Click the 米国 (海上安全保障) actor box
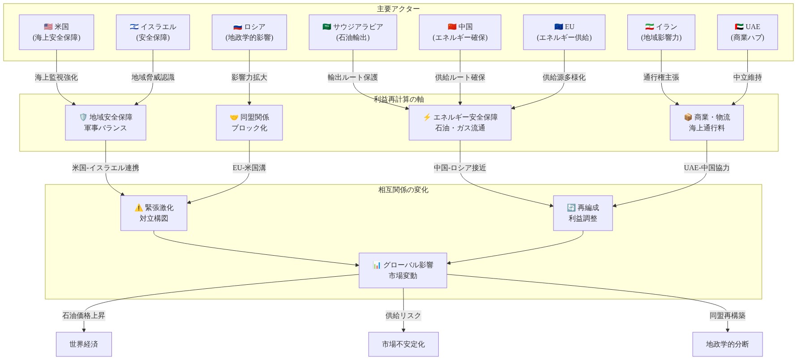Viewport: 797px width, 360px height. pyautogui.click(x=56, y=32)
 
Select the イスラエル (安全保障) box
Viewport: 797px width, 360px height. pyautogui.click(x=153, y=32)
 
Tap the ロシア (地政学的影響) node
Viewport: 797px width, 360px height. pyautogui.click(x=249, y=32)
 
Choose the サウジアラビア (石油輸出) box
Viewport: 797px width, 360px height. pyautogui.click(x=353, y=32)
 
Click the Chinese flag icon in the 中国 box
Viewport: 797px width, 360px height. pyautogui.click(x=452, y=27)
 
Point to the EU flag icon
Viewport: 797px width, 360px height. pyautogui.click(x=558, y=27)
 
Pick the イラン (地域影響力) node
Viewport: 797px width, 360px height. pyautogui.click(x=661, y=32)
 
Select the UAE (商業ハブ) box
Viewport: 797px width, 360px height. pyautogui.click(x=747, y=32)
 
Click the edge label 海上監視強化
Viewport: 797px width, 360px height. pyautogui.click(x=56, y=77)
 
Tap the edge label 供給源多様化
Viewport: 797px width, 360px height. pyautogui.click(x=564, y=77)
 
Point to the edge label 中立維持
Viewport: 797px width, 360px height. pyautogui.click(x=747, y=77)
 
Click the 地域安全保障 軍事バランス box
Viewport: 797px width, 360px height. pyautogui.click(x=106, y=123)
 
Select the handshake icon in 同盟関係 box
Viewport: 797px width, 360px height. pyautogui.click(x=234, y=117)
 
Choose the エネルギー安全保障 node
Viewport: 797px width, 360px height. pyautogui.click(x=460, y=123)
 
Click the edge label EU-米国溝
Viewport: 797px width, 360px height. pyautogui.click(x=249, y=168)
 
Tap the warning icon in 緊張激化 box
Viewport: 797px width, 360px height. pyautogui.click(x=138, y=208)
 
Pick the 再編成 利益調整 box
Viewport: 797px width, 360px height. pyautogui.click(x=583, y=213)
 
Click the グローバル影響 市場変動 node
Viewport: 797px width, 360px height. pyautogui.click(x=403, y=270)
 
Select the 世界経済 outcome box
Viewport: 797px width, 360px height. pyautogui.click(x=84, y=344)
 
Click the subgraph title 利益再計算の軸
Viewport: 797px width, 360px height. pyautogui.click(x=399, y=99)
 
